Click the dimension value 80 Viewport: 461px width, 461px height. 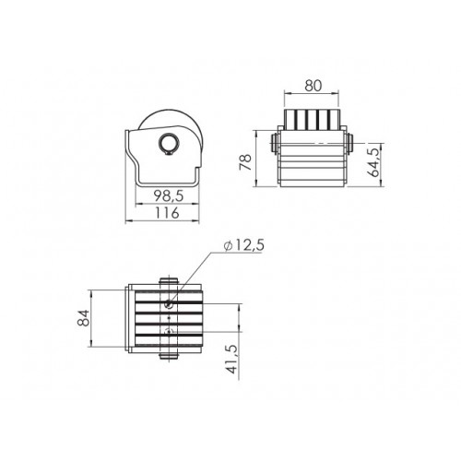[x=313, y=86]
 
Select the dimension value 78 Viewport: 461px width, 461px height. [x=246, y=162]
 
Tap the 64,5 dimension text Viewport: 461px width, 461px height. [x=374, y=162]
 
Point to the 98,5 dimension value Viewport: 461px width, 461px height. [x=169, y=195]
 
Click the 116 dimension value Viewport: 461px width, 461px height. [x=166, y=213]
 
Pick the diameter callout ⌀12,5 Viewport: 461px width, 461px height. [x=244, y=246]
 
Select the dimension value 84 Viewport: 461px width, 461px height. [x=83, y=318]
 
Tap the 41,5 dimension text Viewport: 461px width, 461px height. [x=232, y=359]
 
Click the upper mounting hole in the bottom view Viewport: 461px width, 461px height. [x=169, y=304]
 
